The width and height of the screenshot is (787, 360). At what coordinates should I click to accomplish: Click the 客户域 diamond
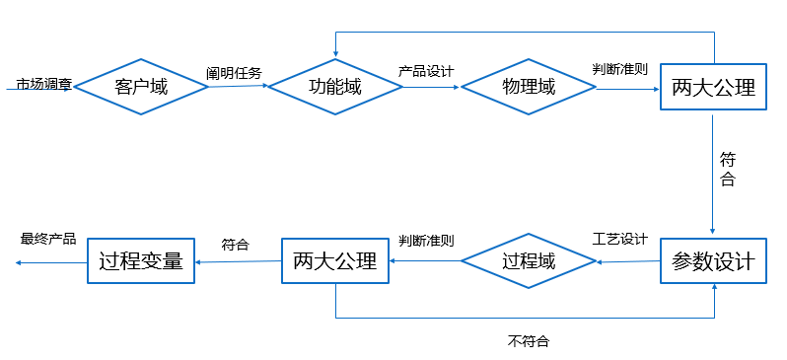(x=141, y=87)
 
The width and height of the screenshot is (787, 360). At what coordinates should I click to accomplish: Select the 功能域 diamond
(x=335, y=87)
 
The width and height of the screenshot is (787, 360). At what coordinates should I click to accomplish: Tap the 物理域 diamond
(x=529, y=87)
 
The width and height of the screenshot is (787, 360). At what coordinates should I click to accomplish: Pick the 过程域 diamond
(x=529, y=261)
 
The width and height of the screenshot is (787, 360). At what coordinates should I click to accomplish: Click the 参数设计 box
(x=713, y=261)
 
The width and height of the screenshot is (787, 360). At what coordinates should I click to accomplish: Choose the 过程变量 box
(x=141, y=261)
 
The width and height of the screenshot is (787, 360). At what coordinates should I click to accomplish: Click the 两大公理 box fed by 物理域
(x=713, y=87)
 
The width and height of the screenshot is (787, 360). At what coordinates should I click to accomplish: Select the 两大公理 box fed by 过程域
(x=335, y=261)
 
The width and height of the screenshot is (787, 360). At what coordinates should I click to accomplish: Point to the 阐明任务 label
(x=234, y=72)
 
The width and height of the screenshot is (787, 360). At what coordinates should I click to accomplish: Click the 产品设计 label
(x=426, y=71)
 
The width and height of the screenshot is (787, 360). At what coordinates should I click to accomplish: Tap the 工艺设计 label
(x=619, y=240)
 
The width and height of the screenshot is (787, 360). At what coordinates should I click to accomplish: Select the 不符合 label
(x=529, y=341)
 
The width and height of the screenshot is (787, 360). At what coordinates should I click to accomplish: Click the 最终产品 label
(x=48, y=239)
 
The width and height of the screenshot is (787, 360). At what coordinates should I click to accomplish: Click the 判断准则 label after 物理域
(x=619, y=69)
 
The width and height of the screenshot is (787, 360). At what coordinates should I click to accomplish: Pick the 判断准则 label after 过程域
(x=426, y=241)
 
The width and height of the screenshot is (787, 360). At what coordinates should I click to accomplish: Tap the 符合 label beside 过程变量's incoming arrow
(x=235, y=244)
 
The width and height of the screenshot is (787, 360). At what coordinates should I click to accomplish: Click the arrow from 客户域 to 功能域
(x=238, y=87)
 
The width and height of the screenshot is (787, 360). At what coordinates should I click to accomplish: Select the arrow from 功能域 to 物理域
(x=431, y=87)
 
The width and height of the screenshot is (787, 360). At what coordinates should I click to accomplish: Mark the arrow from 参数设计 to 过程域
(x=627, y=261)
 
